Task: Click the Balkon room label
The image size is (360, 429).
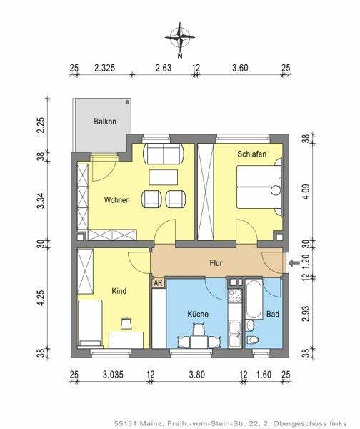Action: tap(105, 122)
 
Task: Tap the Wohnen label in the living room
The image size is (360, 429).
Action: tap(116, 200)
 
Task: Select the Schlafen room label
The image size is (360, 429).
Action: tap(251, 154)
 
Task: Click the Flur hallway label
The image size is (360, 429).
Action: tap(216, 263)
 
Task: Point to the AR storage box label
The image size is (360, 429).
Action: tap(158, 282)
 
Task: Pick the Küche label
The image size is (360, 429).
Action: tap(198, 314)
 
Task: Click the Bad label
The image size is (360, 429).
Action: tap(273, 314)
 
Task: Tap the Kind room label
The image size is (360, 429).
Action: tap(119, 290)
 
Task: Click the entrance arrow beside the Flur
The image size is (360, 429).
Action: tap(294, 263)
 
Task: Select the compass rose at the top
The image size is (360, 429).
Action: tap(180, 37)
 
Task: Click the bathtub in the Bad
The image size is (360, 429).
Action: tap(254, 298)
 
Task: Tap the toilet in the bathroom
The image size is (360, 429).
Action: tap(251, 340)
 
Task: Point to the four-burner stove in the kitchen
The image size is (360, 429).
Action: tap(235, 296)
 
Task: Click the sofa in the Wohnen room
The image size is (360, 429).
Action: tap(164, 154)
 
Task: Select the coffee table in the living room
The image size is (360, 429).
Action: tap(164, 177)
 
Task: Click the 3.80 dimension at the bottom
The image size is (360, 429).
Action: tap(197, 374)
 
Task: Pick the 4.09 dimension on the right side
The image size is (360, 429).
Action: tap(306, 192)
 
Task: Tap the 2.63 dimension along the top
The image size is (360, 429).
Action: tap(163, 68)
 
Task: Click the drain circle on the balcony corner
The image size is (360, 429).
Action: tap(127, 102)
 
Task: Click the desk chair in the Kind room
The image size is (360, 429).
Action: tap(127, 323)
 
